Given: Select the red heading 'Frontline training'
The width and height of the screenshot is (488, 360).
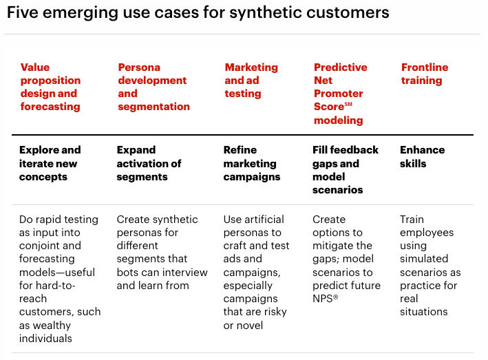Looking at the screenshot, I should pyautogui.click(x=424, y=74).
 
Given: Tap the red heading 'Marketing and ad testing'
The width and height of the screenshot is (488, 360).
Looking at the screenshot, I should pyautogui.click(x=251, y=80).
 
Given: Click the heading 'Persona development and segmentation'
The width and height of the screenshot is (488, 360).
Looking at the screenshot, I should pyautogui.click(x=153, y=87).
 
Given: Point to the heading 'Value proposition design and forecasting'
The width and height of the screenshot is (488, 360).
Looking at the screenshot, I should pyautogui.click(x=50, y=87).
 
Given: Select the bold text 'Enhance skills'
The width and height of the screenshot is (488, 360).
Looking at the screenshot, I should pyautogui.click(x=422, y=157).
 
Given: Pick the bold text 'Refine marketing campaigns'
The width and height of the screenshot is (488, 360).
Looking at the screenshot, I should pyautogui.click(x=251, y=163).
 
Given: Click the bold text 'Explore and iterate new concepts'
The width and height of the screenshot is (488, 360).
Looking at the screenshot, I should pyautogui.click(x=50, y=163).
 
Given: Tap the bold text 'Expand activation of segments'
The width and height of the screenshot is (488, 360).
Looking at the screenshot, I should pyautogui.click(x=149, y=163).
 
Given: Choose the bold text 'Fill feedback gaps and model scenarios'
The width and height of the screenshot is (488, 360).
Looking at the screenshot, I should pyautogui.click(x=346, y=169).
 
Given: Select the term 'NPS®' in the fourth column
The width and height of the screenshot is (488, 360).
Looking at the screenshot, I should pyautogui.click(x=326, y=299).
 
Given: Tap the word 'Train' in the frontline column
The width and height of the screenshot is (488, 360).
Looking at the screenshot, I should pyautogui.click(x=412, y=220).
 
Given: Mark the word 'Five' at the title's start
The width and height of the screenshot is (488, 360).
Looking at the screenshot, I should pyautogui.click(x=21, y=12).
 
